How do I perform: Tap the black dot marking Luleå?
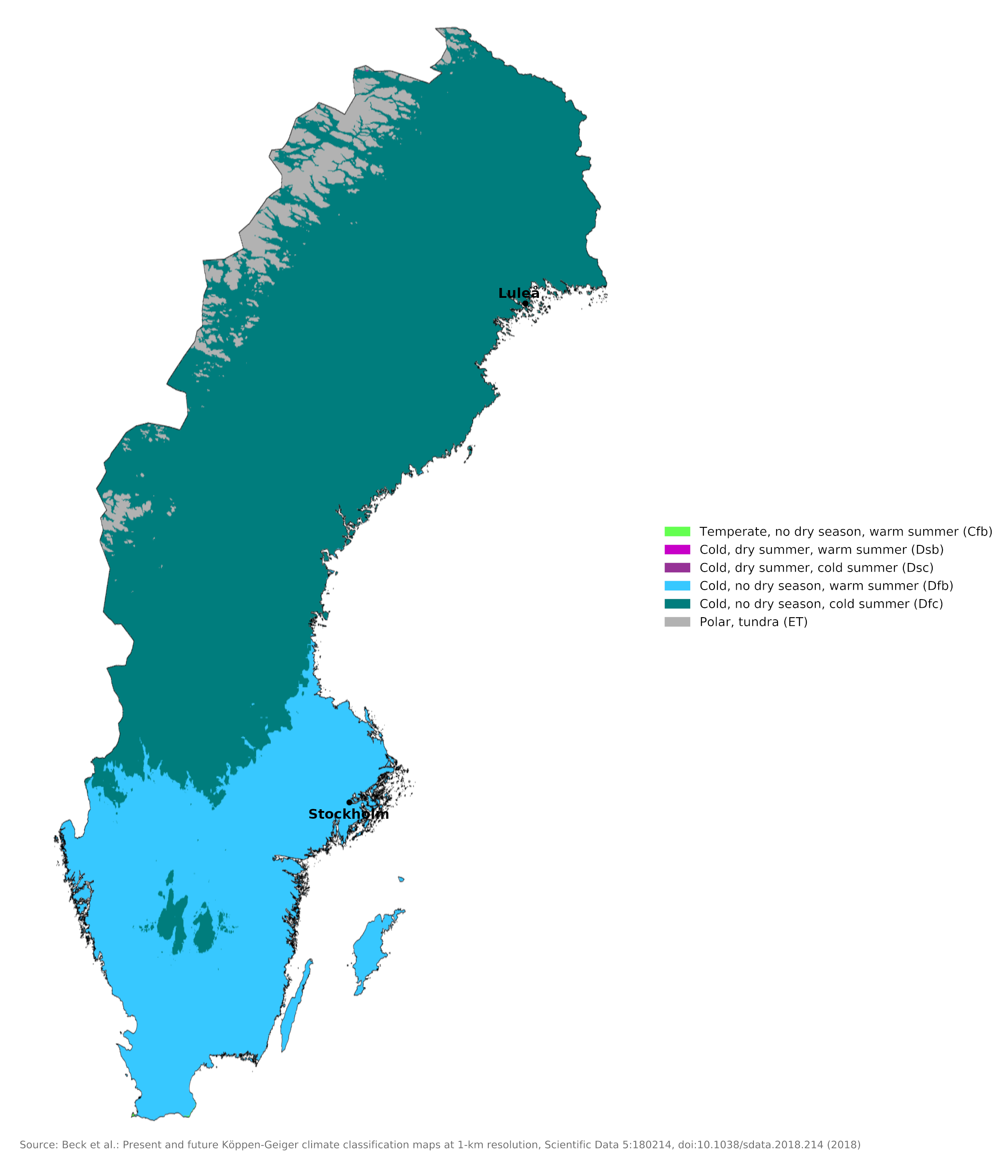pos(525,303)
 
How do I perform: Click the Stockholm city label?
pos(348,814)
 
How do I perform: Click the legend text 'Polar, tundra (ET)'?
pos(753,622)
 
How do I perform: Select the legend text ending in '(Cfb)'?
pos(845,532)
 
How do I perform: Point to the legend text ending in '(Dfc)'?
pos(821,604)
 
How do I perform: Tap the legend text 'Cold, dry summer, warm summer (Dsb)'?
pos(821,550)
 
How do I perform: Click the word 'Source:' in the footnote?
pos(38,1145)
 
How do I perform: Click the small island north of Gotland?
pos(401,879)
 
